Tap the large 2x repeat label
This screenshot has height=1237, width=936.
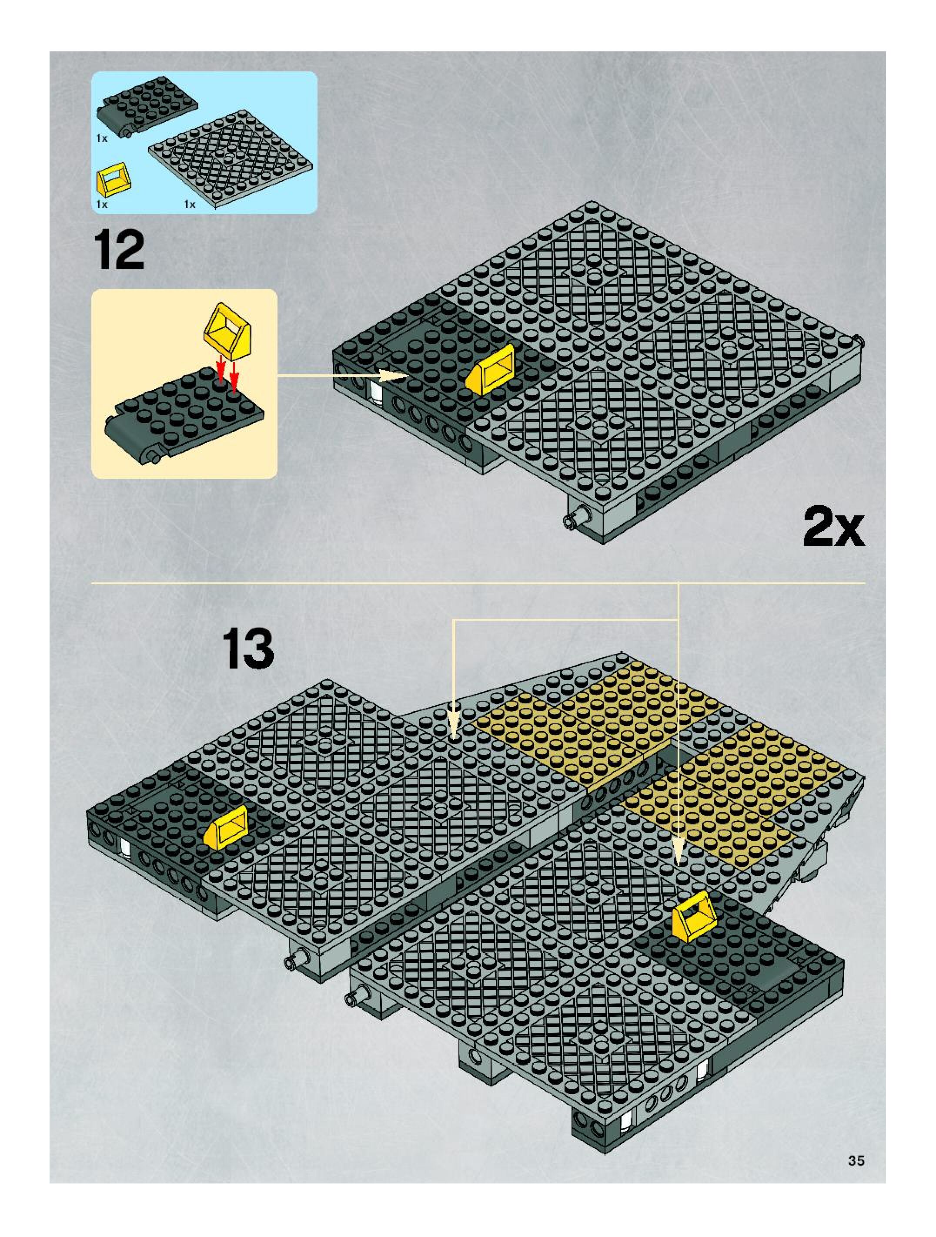point(833,526)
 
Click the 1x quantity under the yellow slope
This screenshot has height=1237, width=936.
point(102,205)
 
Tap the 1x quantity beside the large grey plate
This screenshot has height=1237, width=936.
point(190,205)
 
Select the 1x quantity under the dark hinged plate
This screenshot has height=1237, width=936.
point(102,138)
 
